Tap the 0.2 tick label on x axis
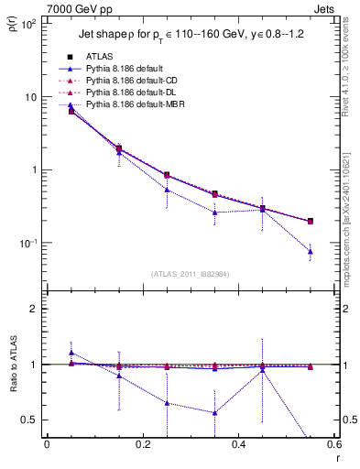142,445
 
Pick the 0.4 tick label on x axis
237,445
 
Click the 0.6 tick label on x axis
333,445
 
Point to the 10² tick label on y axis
27,25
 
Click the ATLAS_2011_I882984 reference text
190,273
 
